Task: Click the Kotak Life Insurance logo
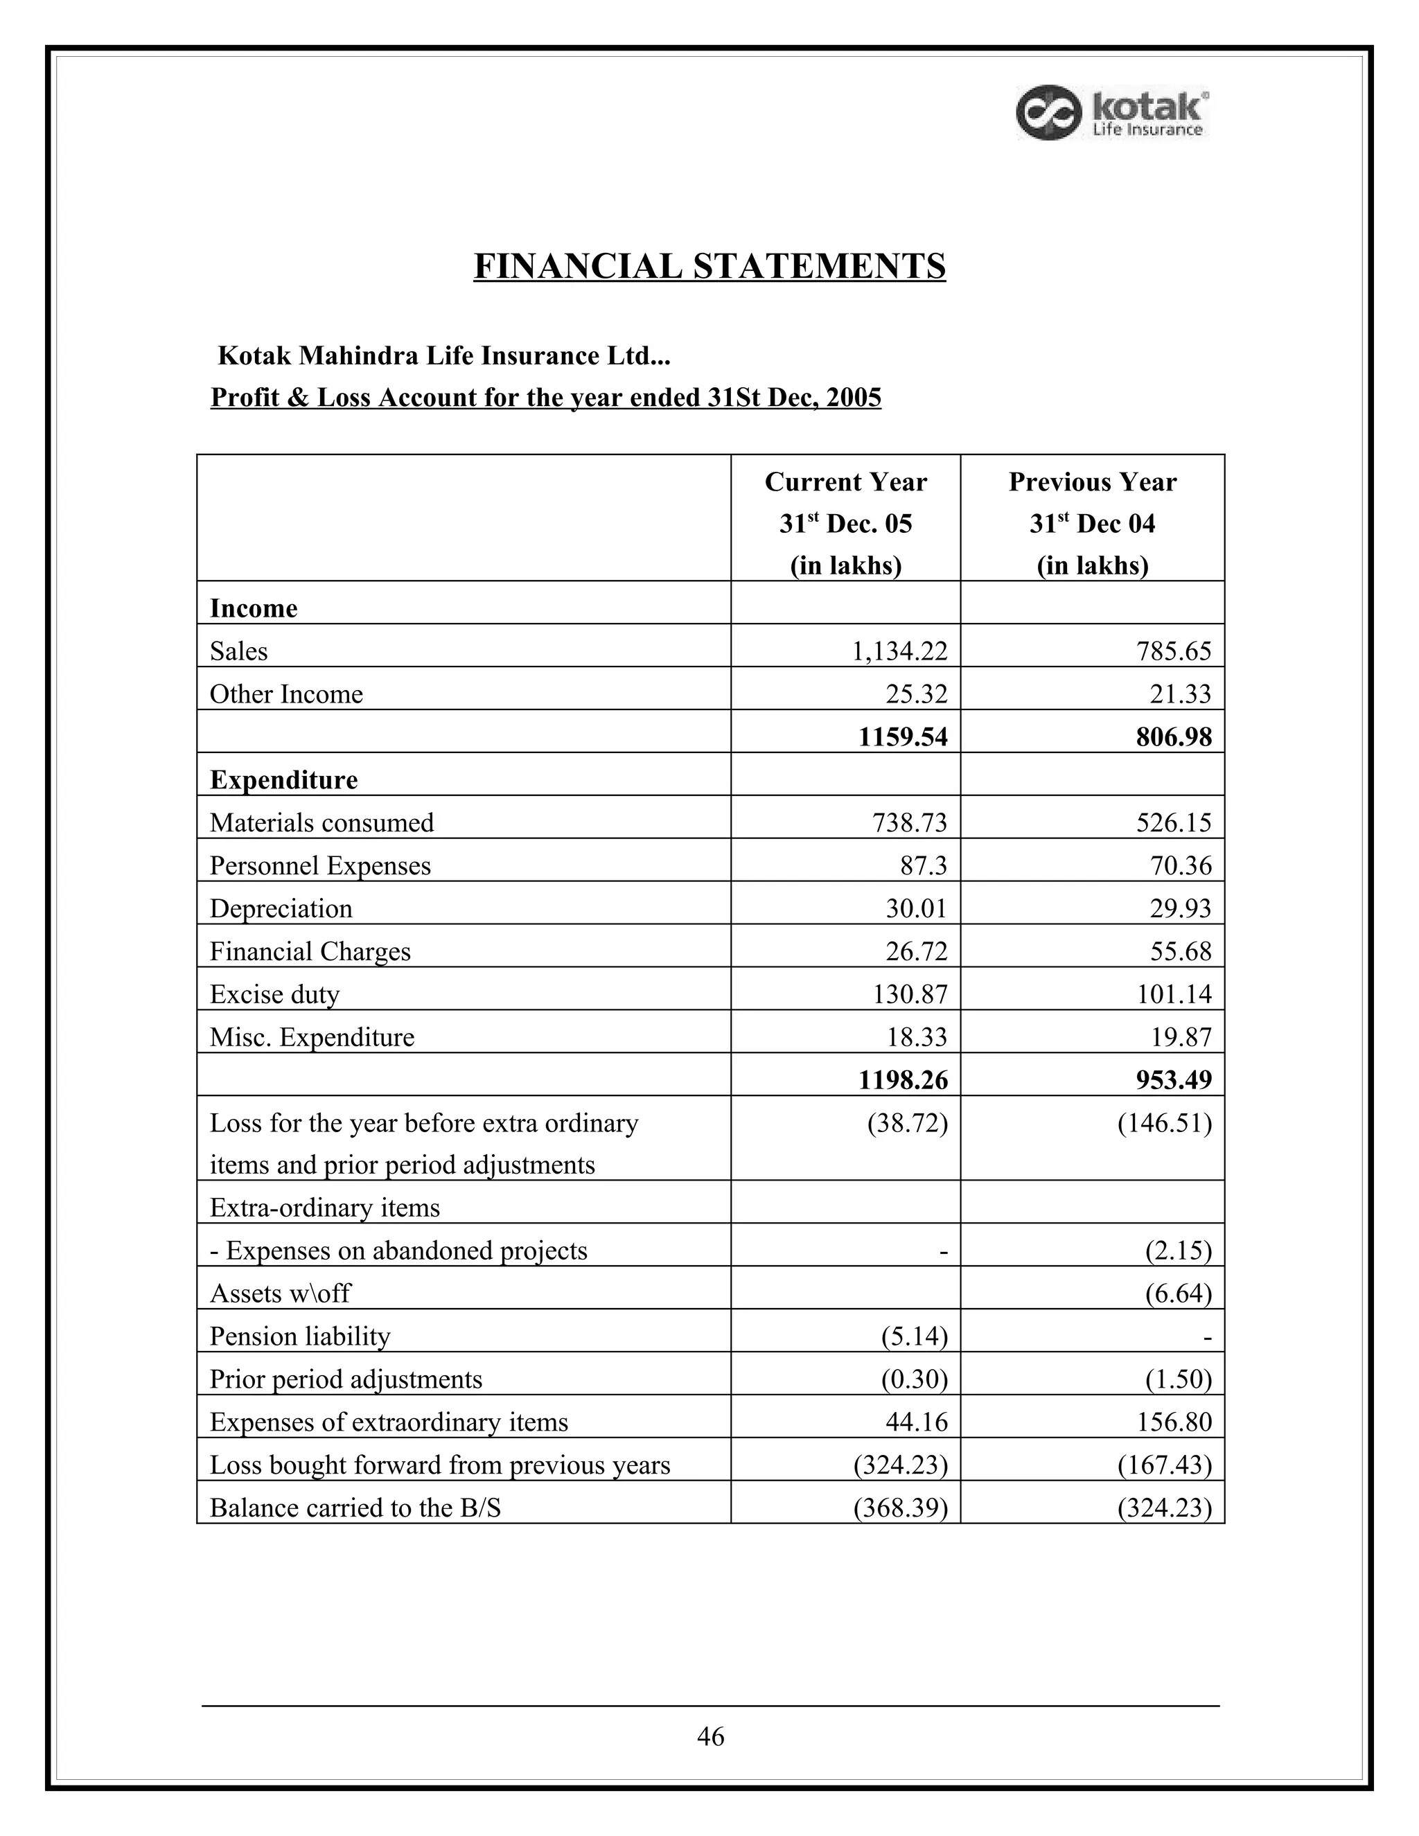1112,114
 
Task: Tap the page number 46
710,1736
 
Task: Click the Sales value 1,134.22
899,651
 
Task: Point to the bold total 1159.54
902,737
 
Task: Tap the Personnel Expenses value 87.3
923,866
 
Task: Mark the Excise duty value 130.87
910,994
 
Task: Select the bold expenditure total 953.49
1174,1080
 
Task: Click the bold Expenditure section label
283,780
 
